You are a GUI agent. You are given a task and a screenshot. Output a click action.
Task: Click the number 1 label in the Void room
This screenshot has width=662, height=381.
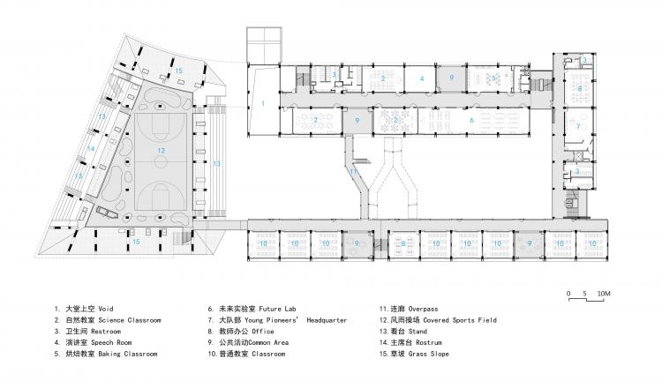click(x=262, y=104)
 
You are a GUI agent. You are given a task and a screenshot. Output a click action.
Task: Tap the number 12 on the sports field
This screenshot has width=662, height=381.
click(x=162, y=151)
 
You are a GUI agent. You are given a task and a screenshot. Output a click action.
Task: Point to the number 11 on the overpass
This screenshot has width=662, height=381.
click(x=352, y=172)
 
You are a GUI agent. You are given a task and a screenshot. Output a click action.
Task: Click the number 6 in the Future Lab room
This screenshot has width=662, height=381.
click(x=471, y=120)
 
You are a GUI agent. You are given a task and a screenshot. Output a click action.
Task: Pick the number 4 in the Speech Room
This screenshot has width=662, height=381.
click(x=423, y=78)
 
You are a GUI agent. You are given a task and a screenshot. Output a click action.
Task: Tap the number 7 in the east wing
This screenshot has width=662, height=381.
click(x=579, y=125)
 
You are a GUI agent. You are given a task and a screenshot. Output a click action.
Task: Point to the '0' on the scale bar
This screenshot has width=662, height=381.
click(x=570, y=293)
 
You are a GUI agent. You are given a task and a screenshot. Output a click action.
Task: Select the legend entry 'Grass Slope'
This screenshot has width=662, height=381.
click(x=425, y=354)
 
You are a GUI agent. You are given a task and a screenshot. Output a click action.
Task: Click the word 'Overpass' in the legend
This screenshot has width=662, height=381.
click(x=415, y=308)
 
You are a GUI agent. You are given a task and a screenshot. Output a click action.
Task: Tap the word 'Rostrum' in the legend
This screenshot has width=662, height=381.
click(x=419, y=342)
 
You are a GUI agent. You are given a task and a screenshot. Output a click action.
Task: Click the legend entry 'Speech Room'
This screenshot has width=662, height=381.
click(x=109, y=342)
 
